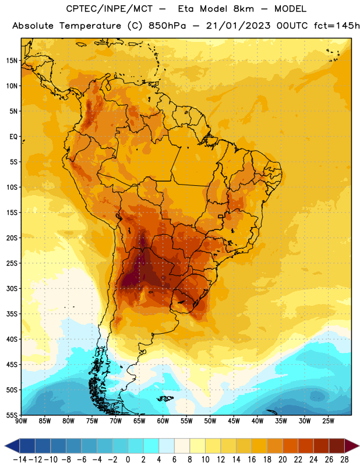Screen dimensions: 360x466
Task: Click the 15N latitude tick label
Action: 12,61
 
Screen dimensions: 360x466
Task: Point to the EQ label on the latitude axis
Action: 13,137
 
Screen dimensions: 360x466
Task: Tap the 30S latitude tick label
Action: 12,288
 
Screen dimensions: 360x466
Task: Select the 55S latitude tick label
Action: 12,415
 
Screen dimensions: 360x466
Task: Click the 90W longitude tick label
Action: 21,421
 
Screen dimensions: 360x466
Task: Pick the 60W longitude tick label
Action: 163,421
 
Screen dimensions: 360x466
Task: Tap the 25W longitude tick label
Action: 328,421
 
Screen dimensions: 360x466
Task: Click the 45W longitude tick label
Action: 234,421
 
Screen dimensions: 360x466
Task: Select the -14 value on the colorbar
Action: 20,460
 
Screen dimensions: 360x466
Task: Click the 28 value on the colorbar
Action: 344,460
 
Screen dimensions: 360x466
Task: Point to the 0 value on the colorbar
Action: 128,460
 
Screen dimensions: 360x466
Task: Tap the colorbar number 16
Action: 252,460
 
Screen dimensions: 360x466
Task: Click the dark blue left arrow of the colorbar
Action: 12,446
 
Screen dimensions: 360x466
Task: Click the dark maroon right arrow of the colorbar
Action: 352,446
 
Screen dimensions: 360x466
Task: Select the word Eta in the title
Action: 186,9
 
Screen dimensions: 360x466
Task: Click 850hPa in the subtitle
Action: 167,26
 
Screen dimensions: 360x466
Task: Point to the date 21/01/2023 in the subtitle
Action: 238,26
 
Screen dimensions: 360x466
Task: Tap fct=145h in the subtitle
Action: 337,26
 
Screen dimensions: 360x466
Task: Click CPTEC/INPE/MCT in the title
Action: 109,9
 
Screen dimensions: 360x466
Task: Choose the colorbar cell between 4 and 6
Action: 167,446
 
